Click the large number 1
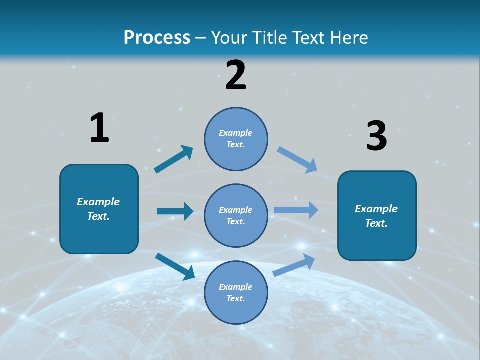[99, 128]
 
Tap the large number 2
[236, 75]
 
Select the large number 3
[376, 136]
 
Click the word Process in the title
[157, 37]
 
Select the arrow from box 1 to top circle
[174, 159]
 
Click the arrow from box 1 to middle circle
[175, 211]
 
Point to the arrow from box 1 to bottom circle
[175, 266]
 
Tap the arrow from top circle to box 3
[297, 160]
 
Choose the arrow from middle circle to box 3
[296, 210]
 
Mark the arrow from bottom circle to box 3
[294, 265]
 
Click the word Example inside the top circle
[236, 133]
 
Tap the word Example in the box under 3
[376, 209]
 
